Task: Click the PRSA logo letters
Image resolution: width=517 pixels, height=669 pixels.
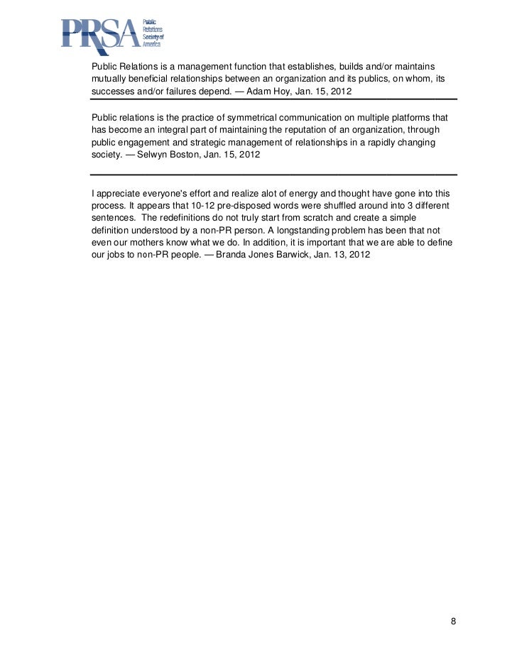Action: point(99,34)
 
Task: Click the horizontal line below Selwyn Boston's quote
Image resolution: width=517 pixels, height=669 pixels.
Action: point(274,174)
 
